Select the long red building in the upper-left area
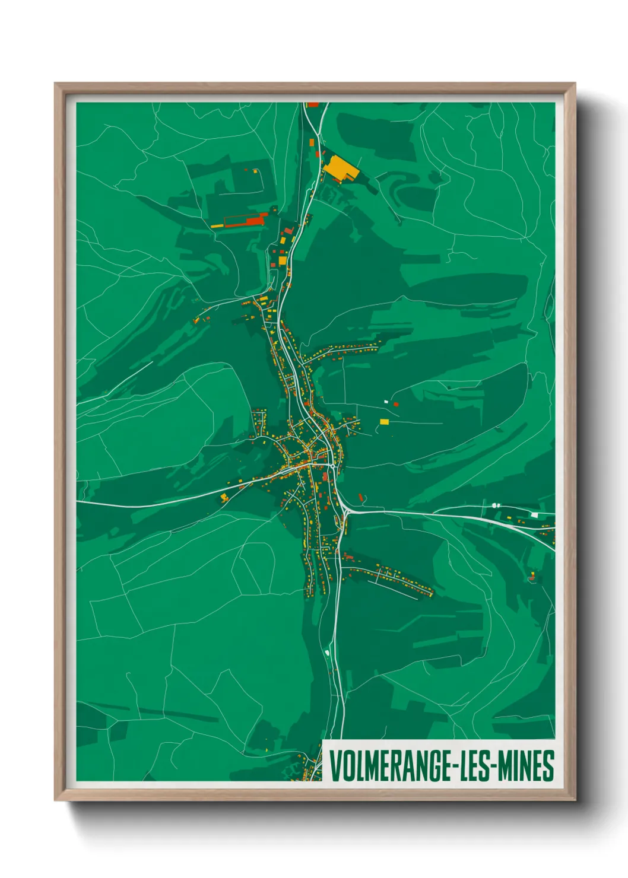pyautogui.click(x=245, y=221)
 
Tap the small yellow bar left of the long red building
pyautogui.click(x=217, y=226)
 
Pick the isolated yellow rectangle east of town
pyautogui.click(x=384, y=422)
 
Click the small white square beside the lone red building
pyautogui.click(x=386, y=402)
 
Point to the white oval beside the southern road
pyautogui.click(x=327, y=653)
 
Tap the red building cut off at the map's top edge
pyautogui.click(x=313, y=104)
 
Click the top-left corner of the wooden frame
pyautogui.click(x=55, y=84)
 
